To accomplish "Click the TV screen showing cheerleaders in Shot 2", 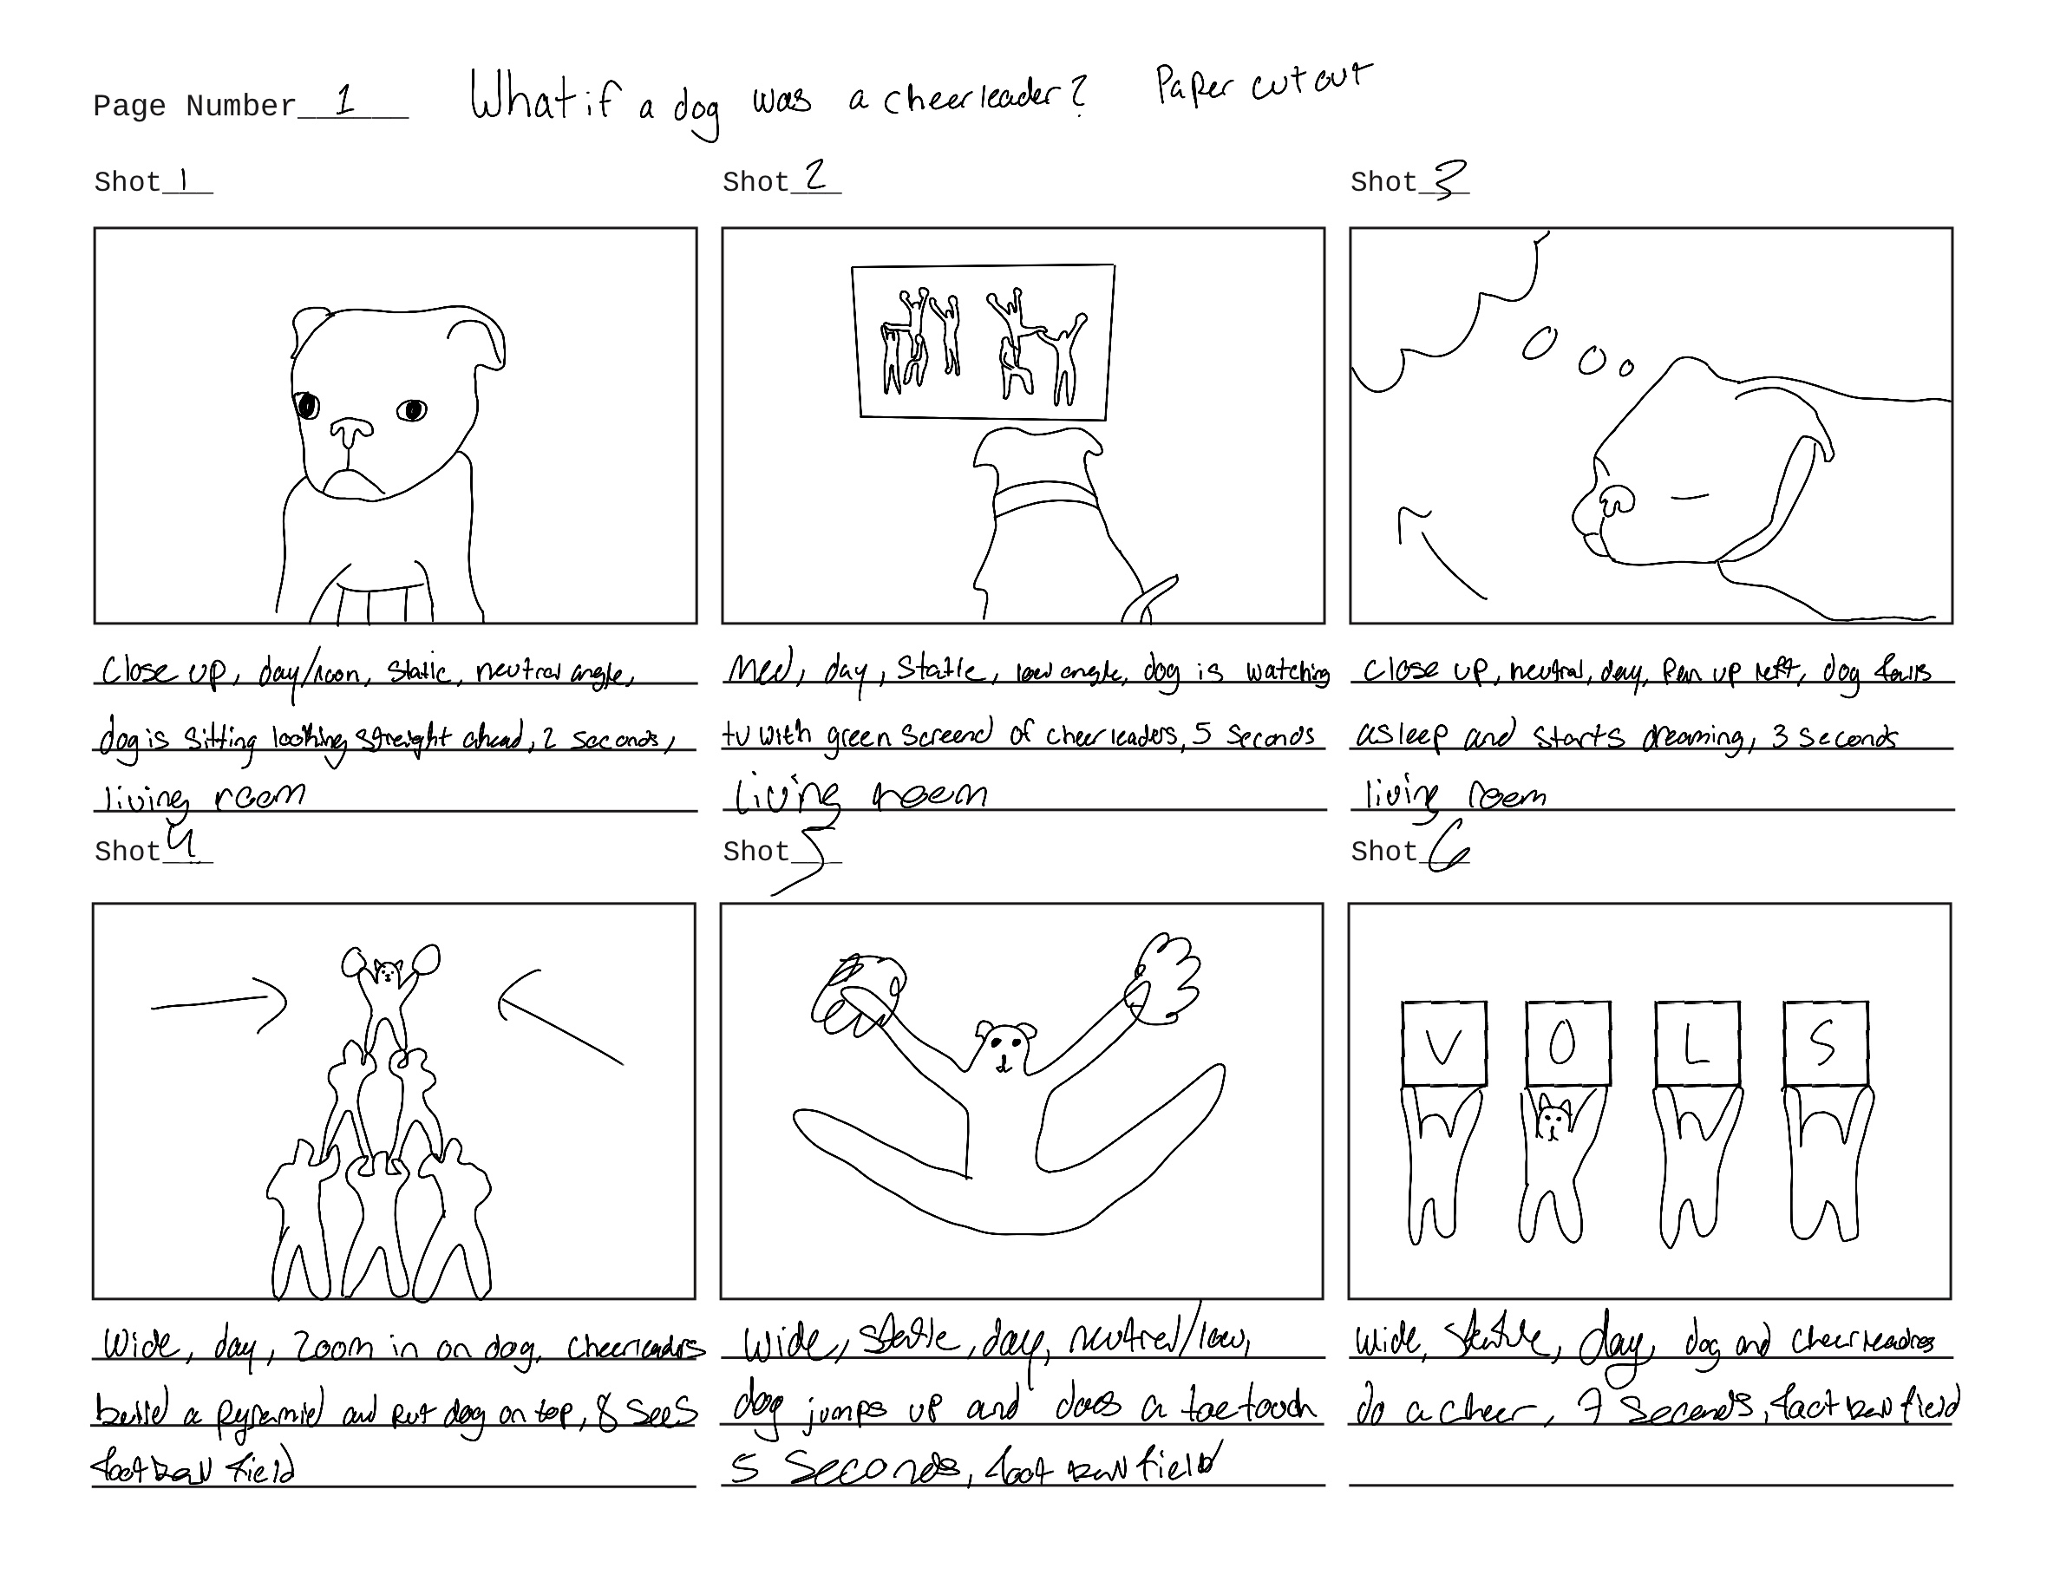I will click(982, 342).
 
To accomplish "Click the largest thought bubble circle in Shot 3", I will click(1538, 344).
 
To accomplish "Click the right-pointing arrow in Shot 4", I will click(220, 1003).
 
